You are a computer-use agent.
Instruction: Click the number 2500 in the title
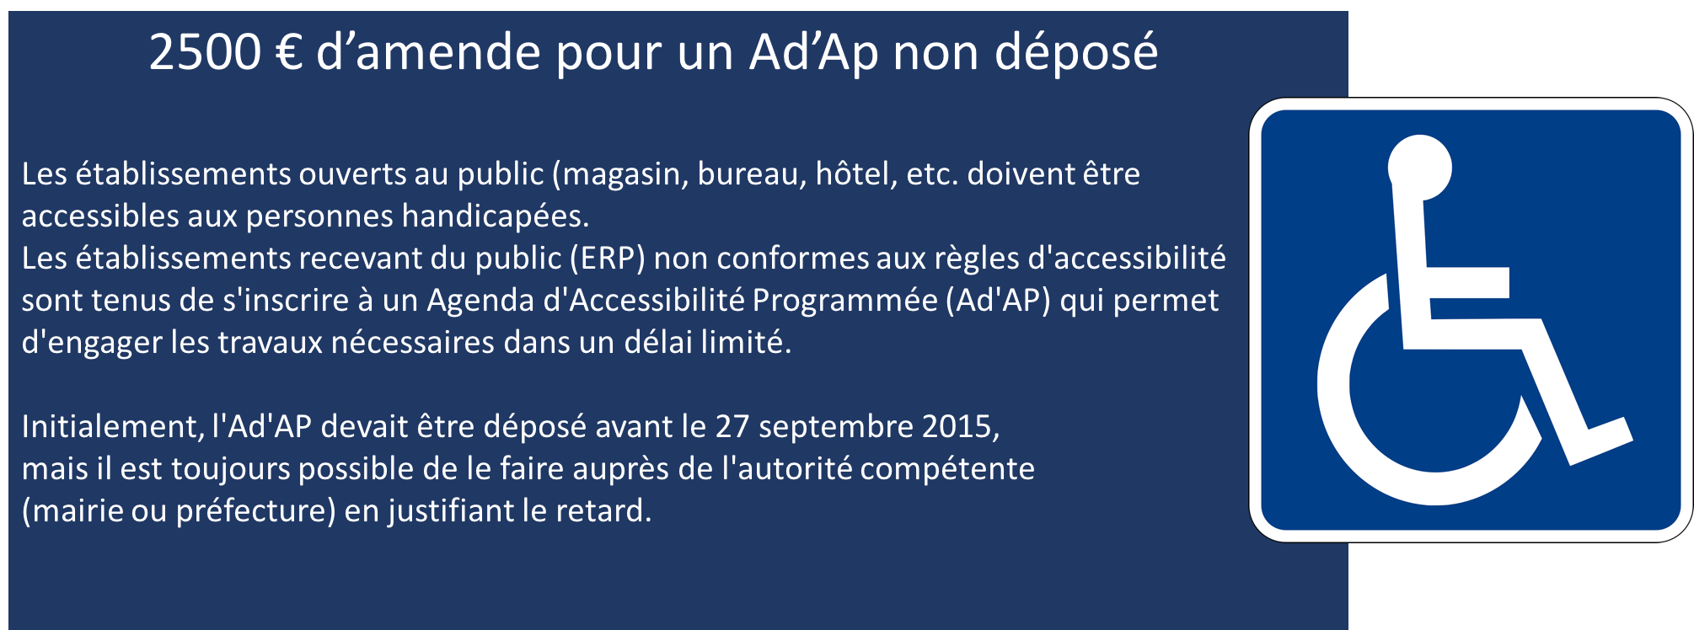[206, 52]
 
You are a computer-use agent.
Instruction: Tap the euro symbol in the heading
[289, 52]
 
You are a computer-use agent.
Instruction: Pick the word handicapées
[495, 216]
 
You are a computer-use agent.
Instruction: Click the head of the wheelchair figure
[1420, 168]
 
